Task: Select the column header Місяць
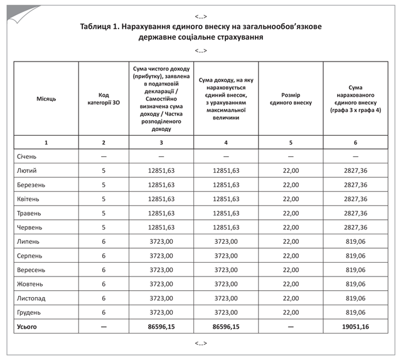click(x=46, y=99)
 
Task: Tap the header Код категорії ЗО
click(x=104, y=99)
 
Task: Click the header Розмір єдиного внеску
click(x=291, y=99)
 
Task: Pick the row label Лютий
click(x=28, y=170)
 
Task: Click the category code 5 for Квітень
click(x=104, y=199)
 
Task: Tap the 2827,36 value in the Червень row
click(x=355, y=227)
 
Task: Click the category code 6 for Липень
click(x=104, y=241)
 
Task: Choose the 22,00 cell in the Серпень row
click(x=291, y=256)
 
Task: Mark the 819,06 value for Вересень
click(x=355, y=270)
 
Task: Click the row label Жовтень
click(x=30, y=284)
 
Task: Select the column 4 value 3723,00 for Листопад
click(x=226, y=298)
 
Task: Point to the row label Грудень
click(x=29, y=312)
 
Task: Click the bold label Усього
click(x=28, y=327)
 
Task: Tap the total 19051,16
click(x=355, y=327)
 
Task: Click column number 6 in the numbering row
click(x=355, y=143)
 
